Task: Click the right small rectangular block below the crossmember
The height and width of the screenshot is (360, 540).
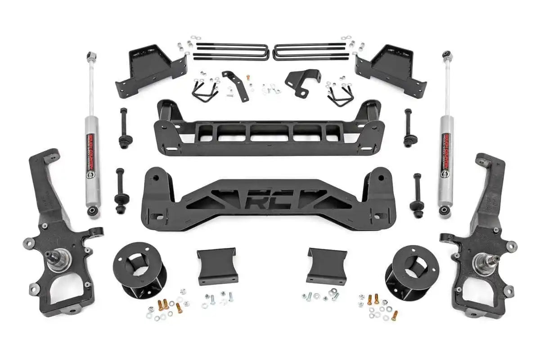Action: tap(326, 265)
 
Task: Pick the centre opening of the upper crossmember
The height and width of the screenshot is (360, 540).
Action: tap(270, 133)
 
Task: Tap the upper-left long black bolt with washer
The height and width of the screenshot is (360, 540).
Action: tap(123, 128)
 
